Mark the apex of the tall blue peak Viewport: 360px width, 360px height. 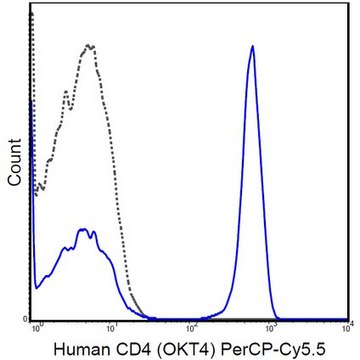(253, 46)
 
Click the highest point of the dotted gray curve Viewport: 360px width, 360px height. (90, 44)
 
